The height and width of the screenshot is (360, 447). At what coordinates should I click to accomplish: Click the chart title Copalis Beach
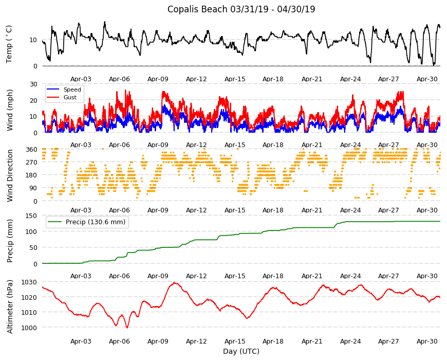tap(197, 9)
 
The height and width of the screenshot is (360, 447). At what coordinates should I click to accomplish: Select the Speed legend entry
tap(72, 89)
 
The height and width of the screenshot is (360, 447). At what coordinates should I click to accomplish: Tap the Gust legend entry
tap(70, 97)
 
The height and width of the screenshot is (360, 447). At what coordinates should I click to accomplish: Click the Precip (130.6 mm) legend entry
tap(96, 222)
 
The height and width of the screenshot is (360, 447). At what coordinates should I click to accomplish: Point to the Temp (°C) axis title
tap(9, 44)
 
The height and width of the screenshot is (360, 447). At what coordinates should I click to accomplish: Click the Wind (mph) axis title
tap(10, 110)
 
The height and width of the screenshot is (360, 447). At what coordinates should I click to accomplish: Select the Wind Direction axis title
tap(10, 176)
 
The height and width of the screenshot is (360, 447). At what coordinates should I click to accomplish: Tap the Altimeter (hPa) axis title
tap(10, 307)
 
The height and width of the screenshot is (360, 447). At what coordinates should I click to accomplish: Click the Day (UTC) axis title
tap(241, 351)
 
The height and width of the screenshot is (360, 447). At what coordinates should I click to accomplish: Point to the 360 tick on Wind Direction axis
tap(32, 150)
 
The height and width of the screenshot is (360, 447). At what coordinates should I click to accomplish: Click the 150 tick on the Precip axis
tap(32, 216)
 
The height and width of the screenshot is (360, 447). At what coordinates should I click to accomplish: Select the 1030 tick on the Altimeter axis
tap(30, 282)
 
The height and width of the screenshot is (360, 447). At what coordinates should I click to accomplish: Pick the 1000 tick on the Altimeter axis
tap(30, 328)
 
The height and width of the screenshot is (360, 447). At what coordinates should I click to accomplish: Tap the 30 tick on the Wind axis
tap(33, 84)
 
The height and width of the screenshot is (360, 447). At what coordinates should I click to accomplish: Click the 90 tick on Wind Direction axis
tap(33, 188)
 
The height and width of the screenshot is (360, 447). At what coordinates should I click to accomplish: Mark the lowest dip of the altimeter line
tap(127, 328)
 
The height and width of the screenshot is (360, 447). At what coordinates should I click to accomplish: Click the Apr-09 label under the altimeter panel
tap(158, 341)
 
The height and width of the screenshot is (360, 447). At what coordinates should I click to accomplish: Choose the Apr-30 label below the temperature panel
tap(427, 79)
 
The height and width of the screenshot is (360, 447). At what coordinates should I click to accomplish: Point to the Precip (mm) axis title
tap(10, 241)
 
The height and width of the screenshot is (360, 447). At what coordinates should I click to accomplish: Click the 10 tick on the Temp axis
tap(33, 40)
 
